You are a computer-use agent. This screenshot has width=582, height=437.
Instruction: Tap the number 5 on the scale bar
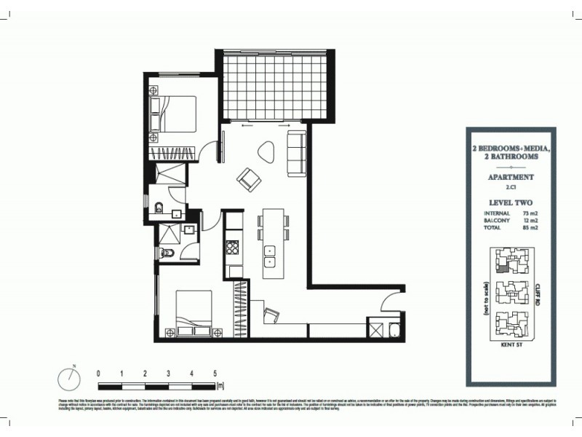215,373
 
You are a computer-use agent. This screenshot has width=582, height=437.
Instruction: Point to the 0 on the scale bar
98,373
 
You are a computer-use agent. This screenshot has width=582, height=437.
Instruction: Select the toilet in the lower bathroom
167,253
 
